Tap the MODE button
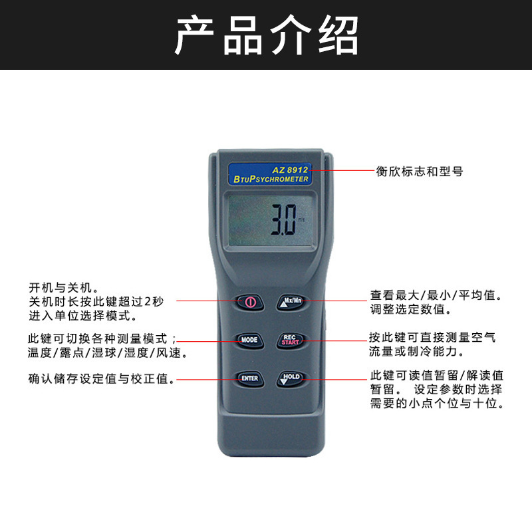[249, 340]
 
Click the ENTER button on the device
[249, 378]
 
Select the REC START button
[289, 340]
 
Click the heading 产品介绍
[266, 35]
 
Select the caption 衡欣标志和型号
[419, 172]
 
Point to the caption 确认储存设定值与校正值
[102, 380]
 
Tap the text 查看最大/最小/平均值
[436, 295]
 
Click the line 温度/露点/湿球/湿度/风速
[106, 353]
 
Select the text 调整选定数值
[410, 309]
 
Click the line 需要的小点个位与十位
[436, 404]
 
